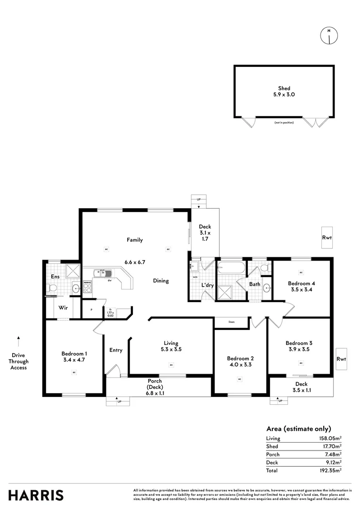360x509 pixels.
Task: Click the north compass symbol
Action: [x=328, y=36]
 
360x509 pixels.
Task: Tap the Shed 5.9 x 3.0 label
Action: [x=284, y=91]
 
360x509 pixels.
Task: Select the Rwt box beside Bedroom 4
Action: [x=327, y=238]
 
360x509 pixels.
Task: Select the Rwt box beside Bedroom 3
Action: [x=341, y=359]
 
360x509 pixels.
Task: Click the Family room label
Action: [x=134, y=240]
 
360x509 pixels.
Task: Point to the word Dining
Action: [x=161, y=281]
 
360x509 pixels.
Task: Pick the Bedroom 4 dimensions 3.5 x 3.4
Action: [x=301, y=290]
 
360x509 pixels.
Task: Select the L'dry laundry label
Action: [x=207, y=285]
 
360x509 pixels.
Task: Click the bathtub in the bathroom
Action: [x=231, y=271]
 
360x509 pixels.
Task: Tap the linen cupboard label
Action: [x=231, y=322]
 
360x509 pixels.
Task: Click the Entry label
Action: [x=116, y=350]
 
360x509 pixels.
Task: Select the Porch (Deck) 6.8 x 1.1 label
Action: [x=155, y=387]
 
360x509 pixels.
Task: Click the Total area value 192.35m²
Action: [x=331, y=470]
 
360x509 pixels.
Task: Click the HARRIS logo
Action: [x=36, y=495]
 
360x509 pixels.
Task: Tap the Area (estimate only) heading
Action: [x=299, y=428]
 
